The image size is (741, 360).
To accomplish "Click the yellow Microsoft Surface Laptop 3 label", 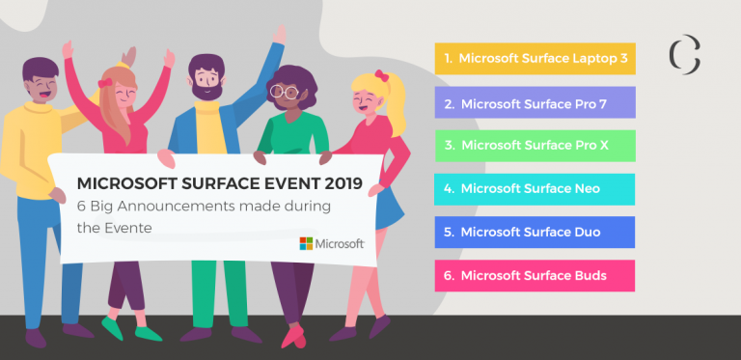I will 535,58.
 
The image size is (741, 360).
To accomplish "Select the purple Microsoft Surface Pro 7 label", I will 535,102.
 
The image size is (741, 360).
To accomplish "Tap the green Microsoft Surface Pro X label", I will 535,145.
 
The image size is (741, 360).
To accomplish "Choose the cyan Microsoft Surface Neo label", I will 535,188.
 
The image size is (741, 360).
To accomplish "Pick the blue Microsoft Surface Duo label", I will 535,232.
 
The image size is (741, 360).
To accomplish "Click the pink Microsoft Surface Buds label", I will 535,275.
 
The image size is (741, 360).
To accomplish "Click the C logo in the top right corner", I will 684,55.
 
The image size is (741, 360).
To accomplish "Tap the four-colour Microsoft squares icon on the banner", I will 306,243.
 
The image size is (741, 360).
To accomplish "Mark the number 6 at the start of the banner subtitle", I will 81,205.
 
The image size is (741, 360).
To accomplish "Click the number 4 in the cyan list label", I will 448,188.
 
